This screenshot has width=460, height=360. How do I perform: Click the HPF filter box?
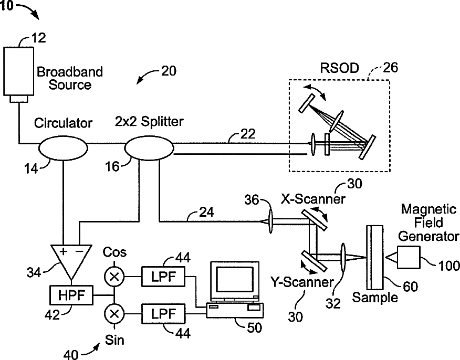[71, 295]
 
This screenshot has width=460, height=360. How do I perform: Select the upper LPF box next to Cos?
[163, 276]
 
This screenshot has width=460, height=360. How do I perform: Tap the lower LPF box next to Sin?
[163, 314]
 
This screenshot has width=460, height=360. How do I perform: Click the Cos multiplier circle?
[114, 276]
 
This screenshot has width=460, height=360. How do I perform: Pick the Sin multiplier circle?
[114, 314]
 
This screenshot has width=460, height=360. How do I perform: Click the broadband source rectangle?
[19, 71]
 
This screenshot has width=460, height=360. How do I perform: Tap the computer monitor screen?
[234, 279]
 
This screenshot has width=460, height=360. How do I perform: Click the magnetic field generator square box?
[409, 257]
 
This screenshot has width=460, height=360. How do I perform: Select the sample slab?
[375, 257]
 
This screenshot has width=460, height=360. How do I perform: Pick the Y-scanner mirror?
[313, 261]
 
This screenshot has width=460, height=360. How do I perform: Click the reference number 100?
[448, 266]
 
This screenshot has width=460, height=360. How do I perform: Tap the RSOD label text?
[339, 68]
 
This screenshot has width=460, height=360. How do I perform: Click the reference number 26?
[390, 68]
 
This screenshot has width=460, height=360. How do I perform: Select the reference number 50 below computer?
[254, 328]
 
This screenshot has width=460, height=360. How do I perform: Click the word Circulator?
[63, 123]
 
